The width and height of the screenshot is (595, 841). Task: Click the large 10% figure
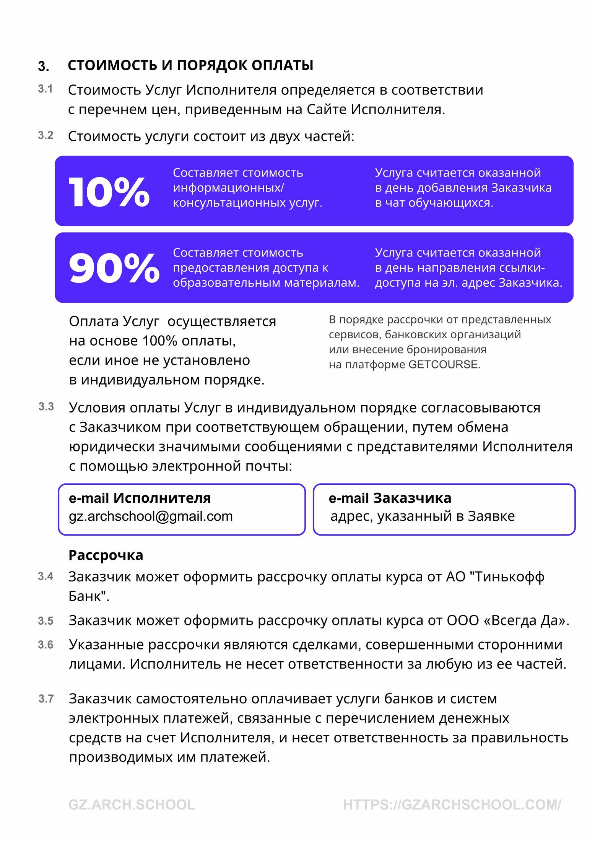[109, 192]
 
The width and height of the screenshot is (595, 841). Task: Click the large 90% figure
[114, 269]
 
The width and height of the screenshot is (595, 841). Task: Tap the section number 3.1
[45, 89]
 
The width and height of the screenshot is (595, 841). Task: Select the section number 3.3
[46, 407]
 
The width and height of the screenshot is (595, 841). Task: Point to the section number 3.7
[46, 699]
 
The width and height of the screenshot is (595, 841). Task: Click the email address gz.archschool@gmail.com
[151, 516]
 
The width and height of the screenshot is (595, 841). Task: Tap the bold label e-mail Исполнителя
[140, 498]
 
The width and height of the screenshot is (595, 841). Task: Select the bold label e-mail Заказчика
[390, 498]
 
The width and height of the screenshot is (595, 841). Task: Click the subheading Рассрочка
[106, 555]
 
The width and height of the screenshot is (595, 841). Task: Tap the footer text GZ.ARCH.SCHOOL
[132, 805]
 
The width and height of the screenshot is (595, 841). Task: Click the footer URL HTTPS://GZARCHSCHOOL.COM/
[452, 805]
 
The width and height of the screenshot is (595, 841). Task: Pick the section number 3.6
[46, 645]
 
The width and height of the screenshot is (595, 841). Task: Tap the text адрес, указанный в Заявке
[423, 516]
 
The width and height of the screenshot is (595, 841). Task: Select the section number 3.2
[46, 135]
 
